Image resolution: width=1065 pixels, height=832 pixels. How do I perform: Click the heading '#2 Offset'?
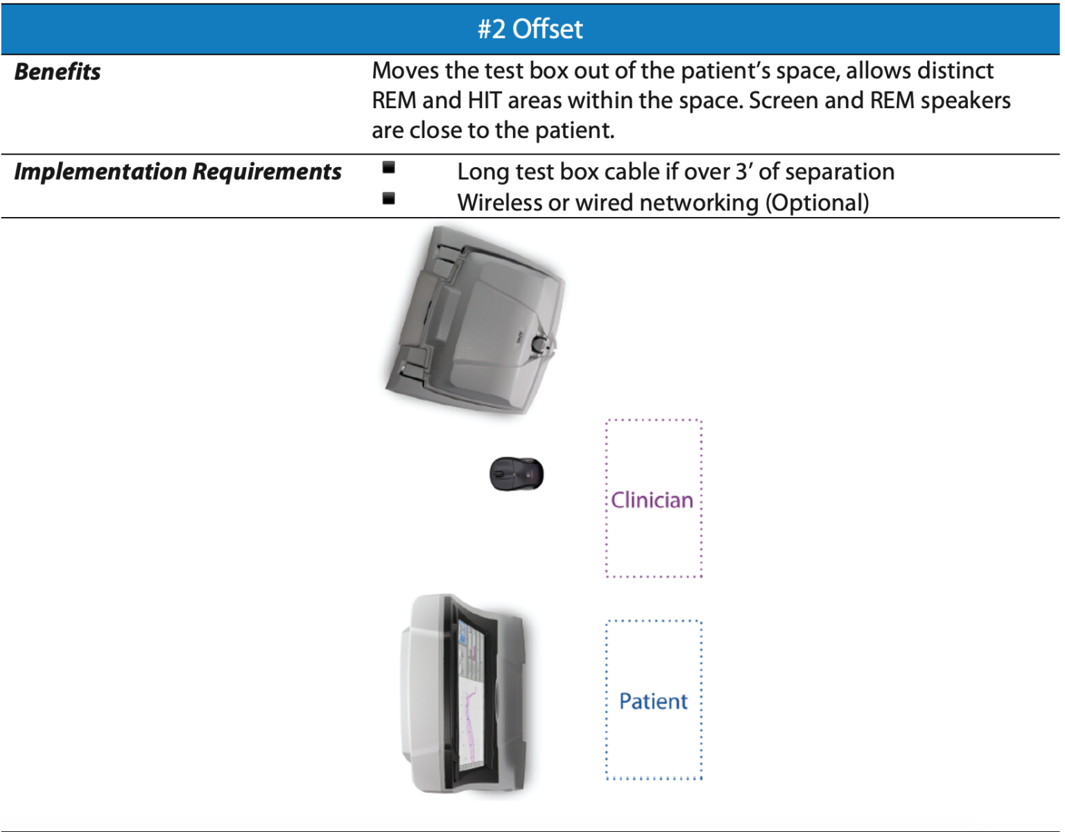coord(530,29)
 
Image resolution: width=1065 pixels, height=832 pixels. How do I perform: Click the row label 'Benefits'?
coord(58,72)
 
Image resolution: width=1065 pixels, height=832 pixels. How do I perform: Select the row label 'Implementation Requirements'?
coord(177,172)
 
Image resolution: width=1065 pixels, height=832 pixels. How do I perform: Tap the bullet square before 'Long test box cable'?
coord(389,167)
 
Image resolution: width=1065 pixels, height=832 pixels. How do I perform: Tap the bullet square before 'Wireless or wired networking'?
coord(389,199)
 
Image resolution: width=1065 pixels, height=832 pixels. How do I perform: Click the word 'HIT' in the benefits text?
coord(484,101)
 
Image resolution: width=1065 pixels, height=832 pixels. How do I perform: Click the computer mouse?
coord(517,474)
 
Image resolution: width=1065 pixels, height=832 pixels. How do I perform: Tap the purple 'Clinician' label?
coord(652,500)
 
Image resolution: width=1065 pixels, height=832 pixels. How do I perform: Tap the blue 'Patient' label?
coord(653,701)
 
